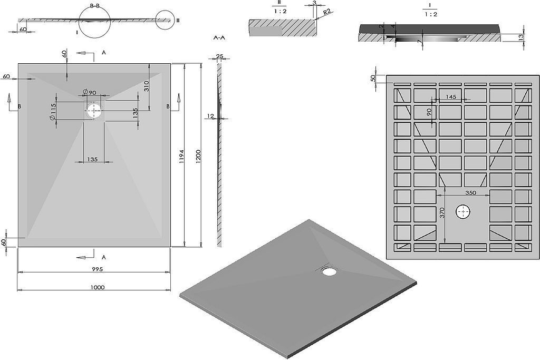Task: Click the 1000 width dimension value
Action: (98, 287)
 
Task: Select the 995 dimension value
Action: (98, 269)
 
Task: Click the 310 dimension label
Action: (146, 86)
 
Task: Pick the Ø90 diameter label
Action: (90, 92)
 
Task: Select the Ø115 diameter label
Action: (53, 112)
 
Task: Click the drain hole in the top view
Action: (93, 110)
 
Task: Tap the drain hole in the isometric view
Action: (329, 270)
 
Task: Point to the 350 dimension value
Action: (471, 193)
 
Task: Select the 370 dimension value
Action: (442, 212)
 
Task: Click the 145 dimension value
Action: (451, 96)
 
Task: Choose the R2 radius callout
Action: (327, 13)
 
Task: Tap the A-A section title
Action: (219, 38)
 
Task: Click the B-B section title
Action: (95, 6)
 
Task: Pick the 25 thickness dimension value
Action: (220, 56)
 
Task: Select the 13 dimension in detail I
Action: (520, 36)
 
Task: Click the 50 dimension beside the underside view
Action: (373, 78)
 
